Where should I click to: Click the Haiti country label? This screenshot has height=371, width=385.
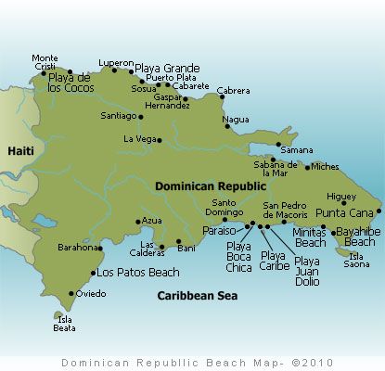20,149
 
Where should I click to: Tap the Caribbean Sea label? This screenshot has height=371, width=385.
196,296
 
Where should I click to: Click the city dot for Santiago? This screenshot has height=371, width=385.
141,117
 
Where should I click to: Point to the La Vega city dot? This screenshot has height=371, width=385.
160,141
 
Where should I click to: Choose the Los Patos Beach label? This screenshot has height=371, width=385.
138,273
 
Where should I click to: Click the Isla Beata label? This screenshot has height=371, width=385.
64,324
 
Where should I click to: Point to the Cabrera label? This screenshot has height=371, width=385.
233,90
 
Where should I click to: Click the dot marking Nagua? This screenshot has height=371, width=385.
226,127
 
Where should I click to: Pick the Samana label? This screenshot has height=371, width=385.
296,149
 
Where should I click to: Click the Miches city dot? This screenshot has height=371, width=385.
308,167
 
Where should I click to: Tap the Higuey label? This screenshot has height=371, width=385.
341,196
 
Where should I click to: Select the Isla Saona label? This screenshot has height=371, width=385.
358,260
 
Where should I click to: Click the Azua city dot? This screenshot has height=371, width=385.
138,221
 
